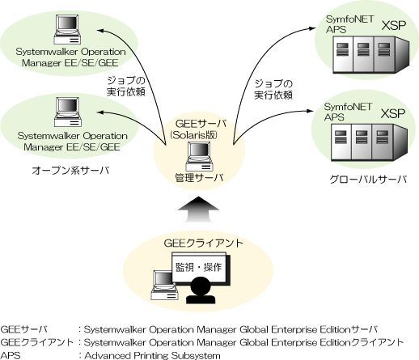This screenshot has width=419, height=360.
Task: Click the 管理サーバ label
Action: pos(199,178)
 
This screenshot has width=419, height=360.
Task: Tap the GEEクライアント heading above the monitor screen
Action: pos(203,244)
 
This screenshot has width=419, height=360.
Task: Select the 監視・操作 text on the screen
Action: pos(199,267)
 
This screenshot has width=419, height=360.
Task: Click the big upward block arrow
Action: pos(198,210)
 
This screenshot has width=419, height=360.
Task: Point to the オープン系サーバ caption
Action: pos(70,171)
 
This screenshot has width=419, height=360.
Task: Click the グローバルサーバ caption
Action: pos(368,180)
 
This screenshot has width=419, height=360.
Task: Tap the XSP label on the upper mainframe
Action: pos(394,25)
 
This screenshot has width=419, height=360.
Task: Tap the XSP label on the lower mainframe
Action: pos(393,113)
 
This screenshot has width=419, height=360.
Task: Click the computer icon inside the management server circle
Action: pos(200,156)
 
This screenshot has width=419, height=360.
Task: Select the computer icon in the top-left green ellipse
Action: pos(67,29)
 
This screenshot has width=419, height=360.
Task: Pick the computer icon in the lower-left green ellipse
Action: pos(68,112)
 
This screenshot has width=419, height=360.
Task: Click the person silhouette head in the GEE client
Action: pos(201,286)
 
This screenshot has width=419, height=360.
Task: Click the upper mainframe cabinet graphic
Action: pos(370,55)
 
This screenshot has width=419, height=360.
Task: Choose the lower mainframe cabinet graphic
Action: pos(369,142)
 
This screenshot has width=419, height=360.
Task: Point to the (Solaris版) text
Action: pos(193,135)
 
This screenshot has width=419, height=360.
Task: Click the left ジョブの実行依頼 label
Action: pos(126,87)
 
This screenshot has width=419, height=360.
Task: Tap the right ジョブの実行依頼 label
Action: pos(273,89)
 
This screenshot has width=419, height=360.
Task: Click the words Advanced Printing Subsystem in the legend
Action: pos(152,355)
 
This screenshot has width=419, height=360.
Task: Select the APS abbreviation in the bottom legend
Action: pos(11,355)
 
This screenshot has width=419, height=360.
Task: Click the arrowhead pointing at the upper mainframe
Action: pos(312,28)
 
